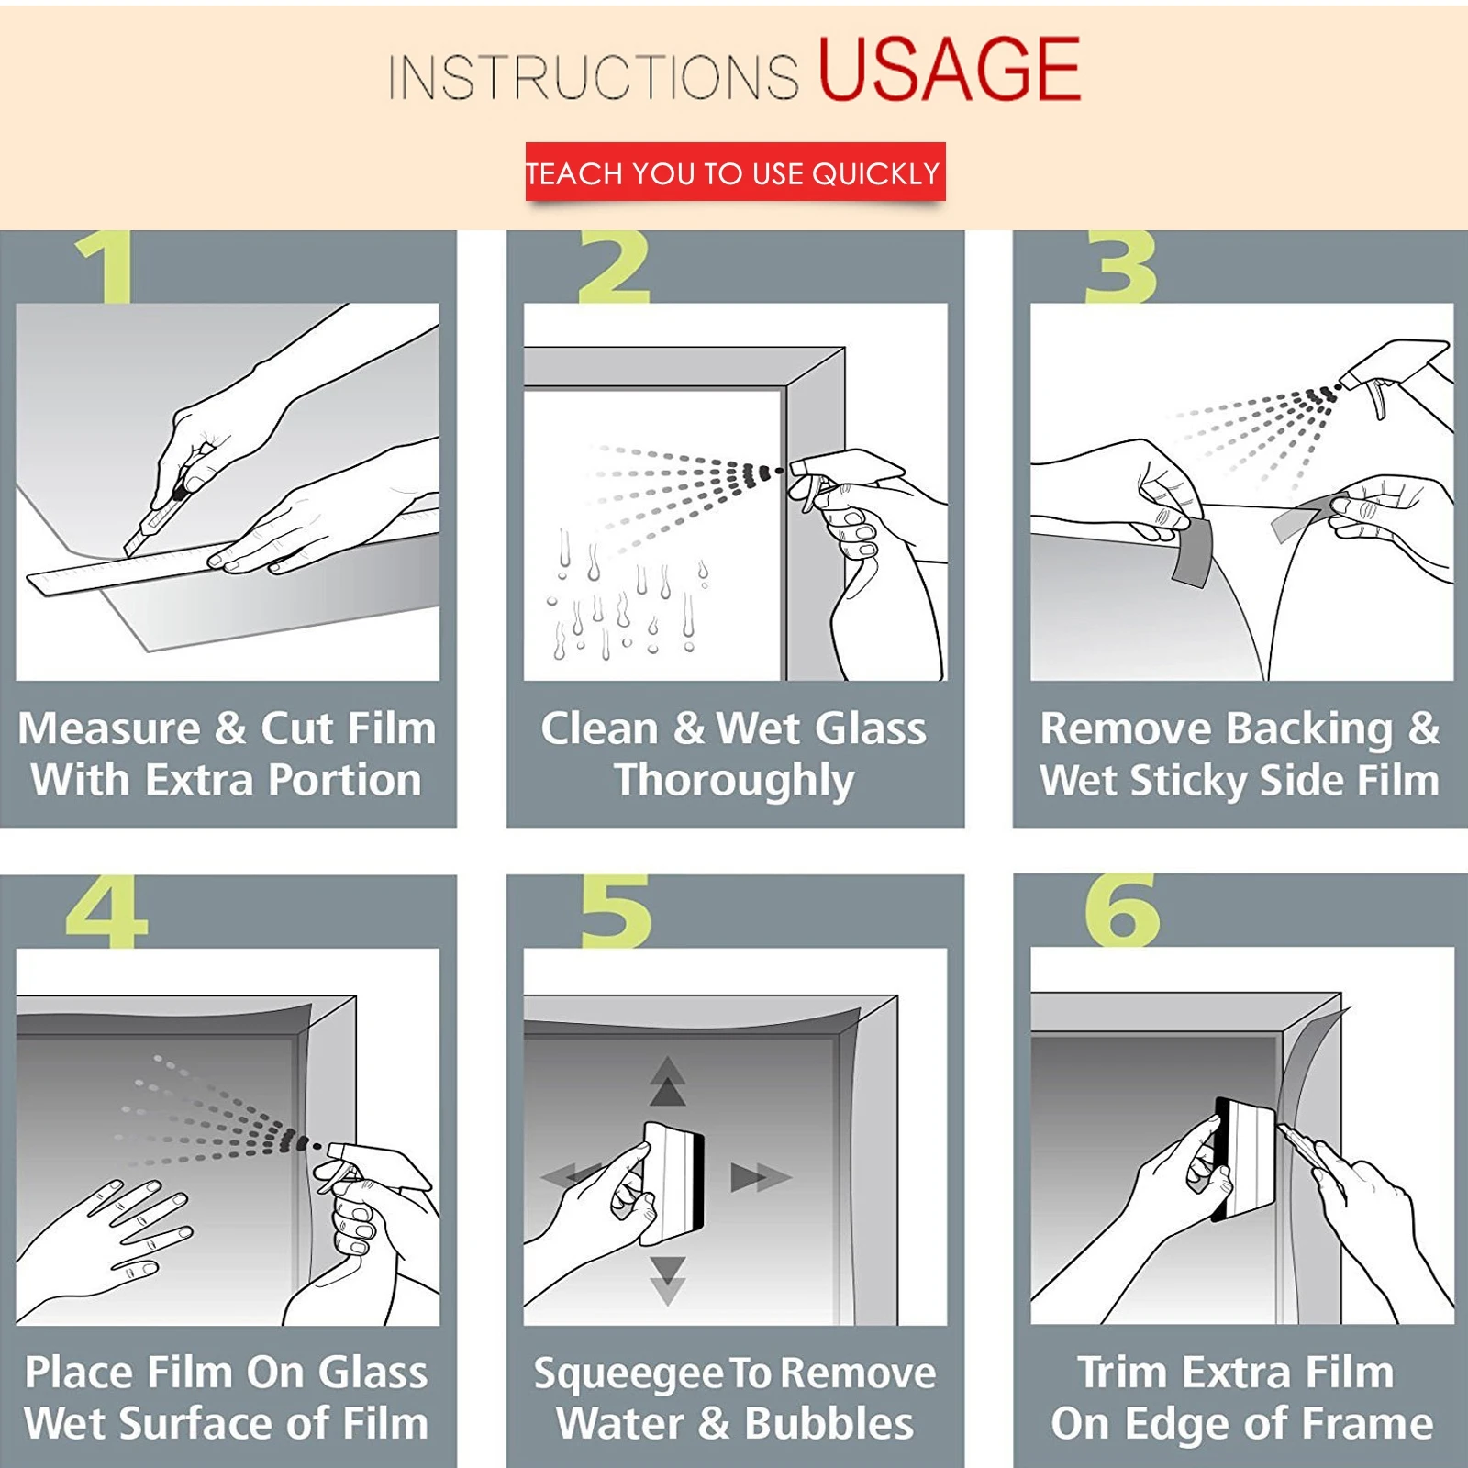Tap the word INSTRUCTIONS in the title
(x=594, y=76)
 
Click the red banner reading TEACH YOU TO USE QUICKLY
(x=735, y=172)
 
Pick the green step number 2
(x=614, y=267)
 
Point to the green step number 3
(x=1120, y=267)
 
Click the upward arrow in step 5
(x=667, y=1081)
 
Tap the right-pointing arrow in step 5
(x=760, y=1177)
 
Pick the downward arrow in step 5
(x=667, y=1281)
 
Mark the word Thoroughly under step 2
(x=734, y=782)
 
